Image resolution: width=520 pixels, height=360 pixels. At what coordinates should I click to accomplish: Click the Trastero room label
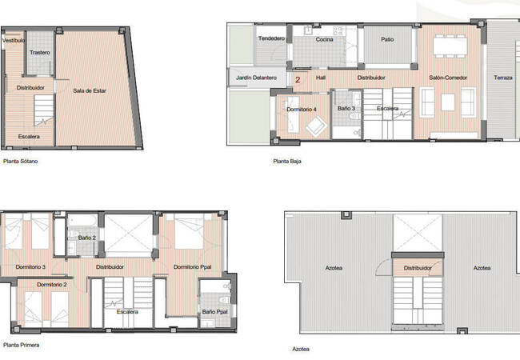(40, 53)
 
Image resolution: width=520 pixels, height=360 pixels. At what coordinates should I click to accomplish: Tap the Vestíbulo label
(13, 39)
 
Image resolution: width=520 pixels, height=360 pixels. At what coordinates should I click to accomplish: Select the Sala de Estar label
(90, 90)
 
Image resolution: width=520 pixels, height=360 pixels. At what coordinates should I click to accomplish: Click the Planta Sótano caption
(21, 162)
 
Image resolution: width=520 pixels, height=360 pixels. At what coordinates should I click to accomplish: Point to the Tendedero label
(271, 38)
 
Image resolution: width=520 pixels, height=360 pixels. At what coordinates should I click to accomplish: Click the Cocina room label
(324, 38)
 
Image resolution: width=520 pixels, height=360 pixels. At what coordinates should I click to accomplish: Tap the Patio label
(387, 38)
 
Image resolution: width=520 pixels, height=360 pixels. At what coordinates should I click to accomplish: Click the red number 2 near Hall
(298, 79)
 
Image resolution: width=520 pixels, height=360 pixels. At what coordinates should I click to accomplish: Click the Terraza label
(503, 78)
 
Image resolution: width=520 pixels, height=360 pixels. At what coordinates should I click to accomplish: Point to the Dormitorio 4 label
(302, 108)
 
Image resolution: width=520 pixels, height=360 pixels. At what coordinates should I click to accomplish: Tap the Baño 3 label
(346, 108)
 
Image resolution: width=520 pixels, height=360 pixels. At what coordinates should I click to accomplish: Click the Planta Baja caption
(286, 161)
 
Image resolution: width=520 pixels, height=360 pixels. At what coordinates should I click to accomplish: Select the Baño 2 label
(88, 238)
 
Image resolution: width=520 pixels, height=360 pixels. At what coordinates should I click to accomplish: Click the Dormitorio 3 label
(30, 266)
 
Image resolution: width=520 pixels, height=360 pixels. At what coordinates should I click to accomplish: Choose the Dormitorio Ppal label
(192, 266)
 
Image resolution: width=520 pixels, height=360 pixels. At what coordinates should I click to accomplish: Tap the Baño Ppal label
(214, 311)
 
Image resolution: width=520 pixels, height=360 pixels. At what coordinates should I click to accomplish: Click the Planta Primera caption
(22, 345)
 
